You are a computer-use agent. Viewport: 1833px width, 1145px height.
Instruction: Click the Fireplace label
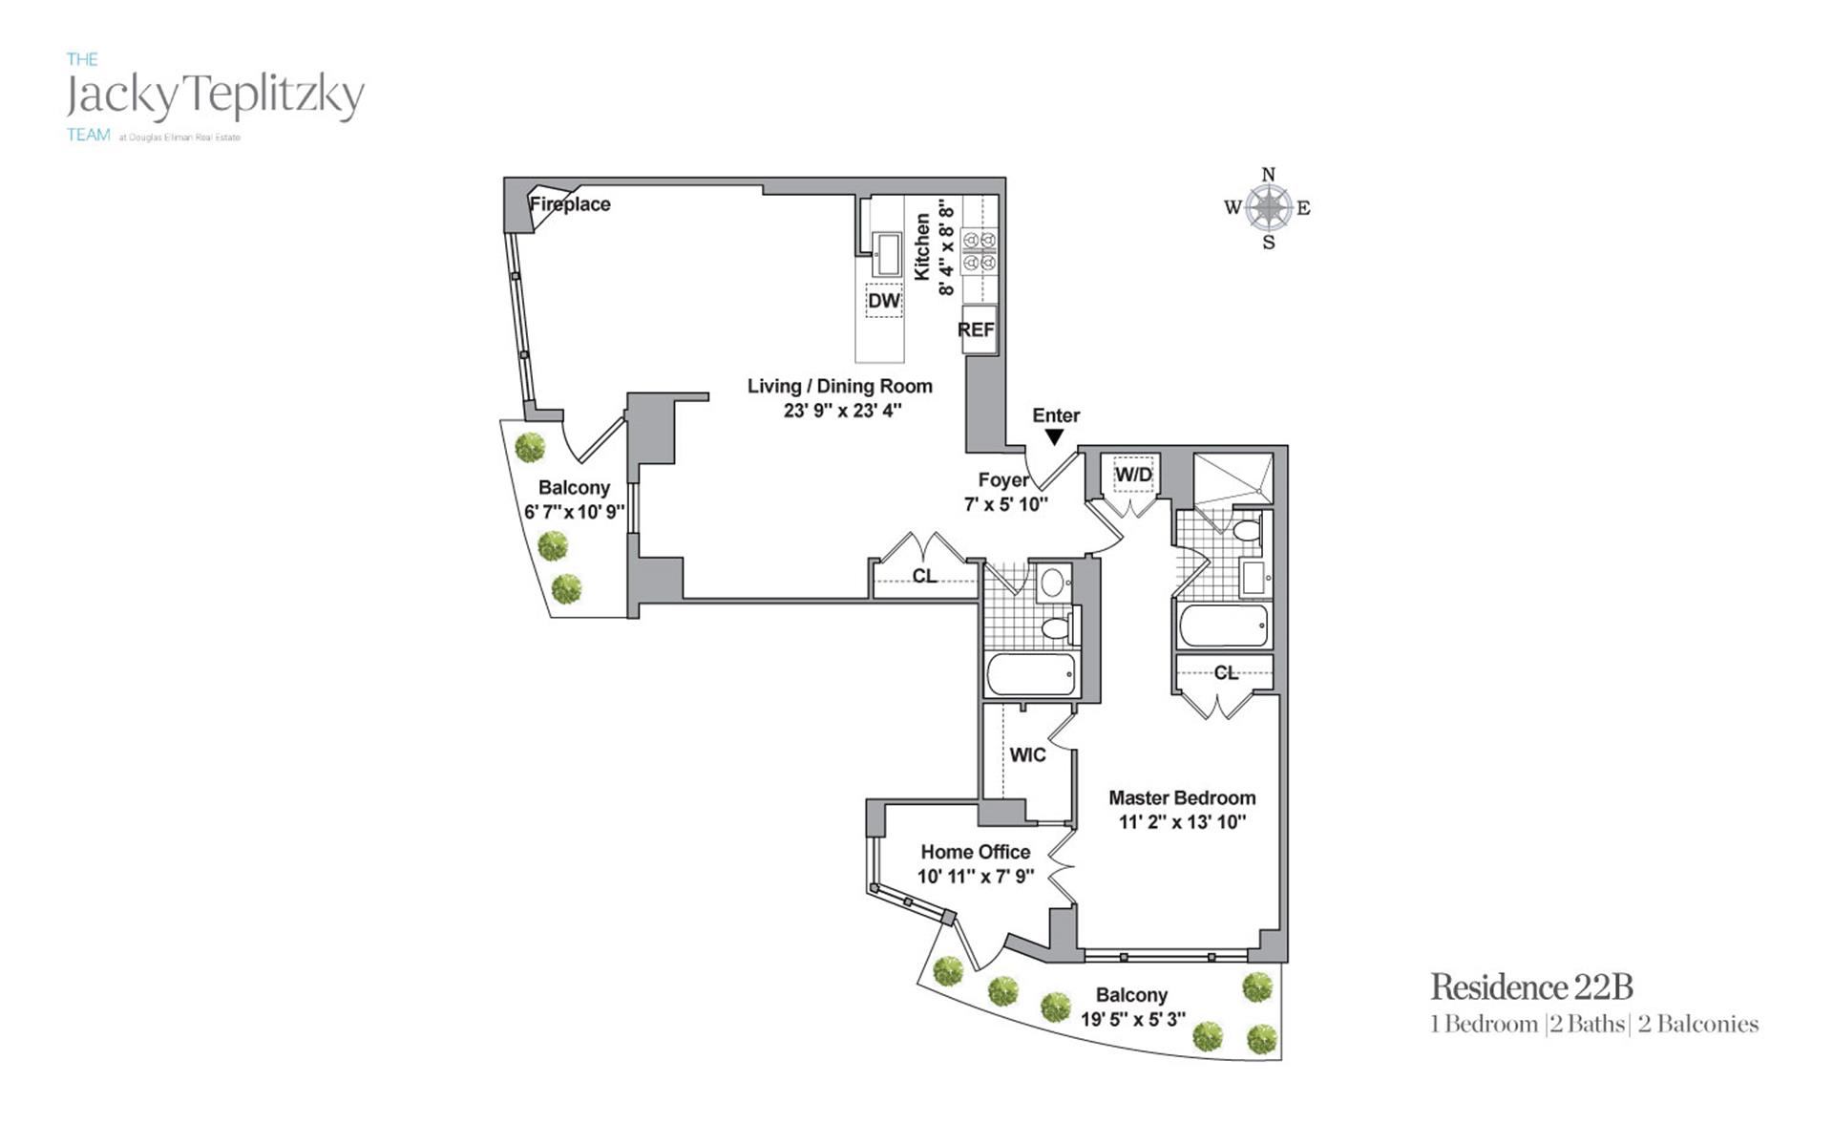click(570, 203)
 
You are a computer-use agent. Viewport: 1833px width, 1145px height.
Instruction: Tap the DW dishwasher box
click(884, 301)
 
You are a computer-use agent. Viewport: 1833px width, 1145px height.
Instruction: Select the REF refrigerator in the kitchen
click(978, 329)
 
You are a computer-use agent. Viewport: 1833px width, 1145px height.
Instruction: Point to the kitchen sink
click(888, 253)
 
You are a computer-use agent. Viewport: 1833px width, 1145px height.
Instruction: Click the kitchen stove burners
click(980, 250)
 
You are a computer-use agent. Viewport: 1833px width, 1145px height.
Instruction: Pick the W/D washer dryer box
click(1133, 475)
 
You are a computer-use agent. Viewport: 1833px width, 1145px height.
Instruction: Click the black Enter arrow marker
click(1054, 437)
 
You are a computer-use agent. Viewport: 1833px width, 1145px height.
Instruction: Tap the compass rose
click(1268, 207)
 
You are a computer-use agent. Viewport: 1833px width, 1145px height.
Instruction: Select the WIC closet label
click(1027, 754)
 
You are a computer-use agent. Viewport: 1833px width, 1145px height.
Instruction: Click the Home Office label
click(975, 852)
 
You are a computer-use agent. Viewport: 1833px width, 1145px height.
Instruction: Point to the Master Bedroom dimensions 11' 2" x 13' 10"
click(1182, 822)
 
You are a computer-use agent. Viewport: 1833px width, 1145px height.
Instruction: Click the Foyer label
click(1003, 480)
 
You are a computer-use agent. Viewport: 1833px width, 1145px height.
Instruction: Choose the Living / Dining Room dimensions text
click(838, 411)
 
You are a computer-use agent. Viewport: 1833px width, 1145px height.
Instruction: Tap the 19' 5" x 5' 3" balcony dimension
click(1132, 1019)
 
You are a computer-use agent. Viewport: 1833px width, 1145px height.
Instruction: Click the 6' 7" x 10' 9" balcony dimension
click(574, 512)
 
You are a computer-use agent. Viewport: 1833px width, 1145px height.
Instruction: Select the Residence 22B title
click(1531, 986)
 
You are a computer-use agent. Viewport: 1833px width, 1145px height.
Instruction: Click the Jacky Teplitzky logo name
click(216, 95)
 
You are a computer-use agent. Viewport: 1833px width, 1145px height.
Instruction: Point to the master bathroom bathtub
click(1224, 626)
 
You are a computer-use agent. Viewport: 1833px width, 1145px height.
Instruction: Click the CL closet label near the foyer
click(924, 576)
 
